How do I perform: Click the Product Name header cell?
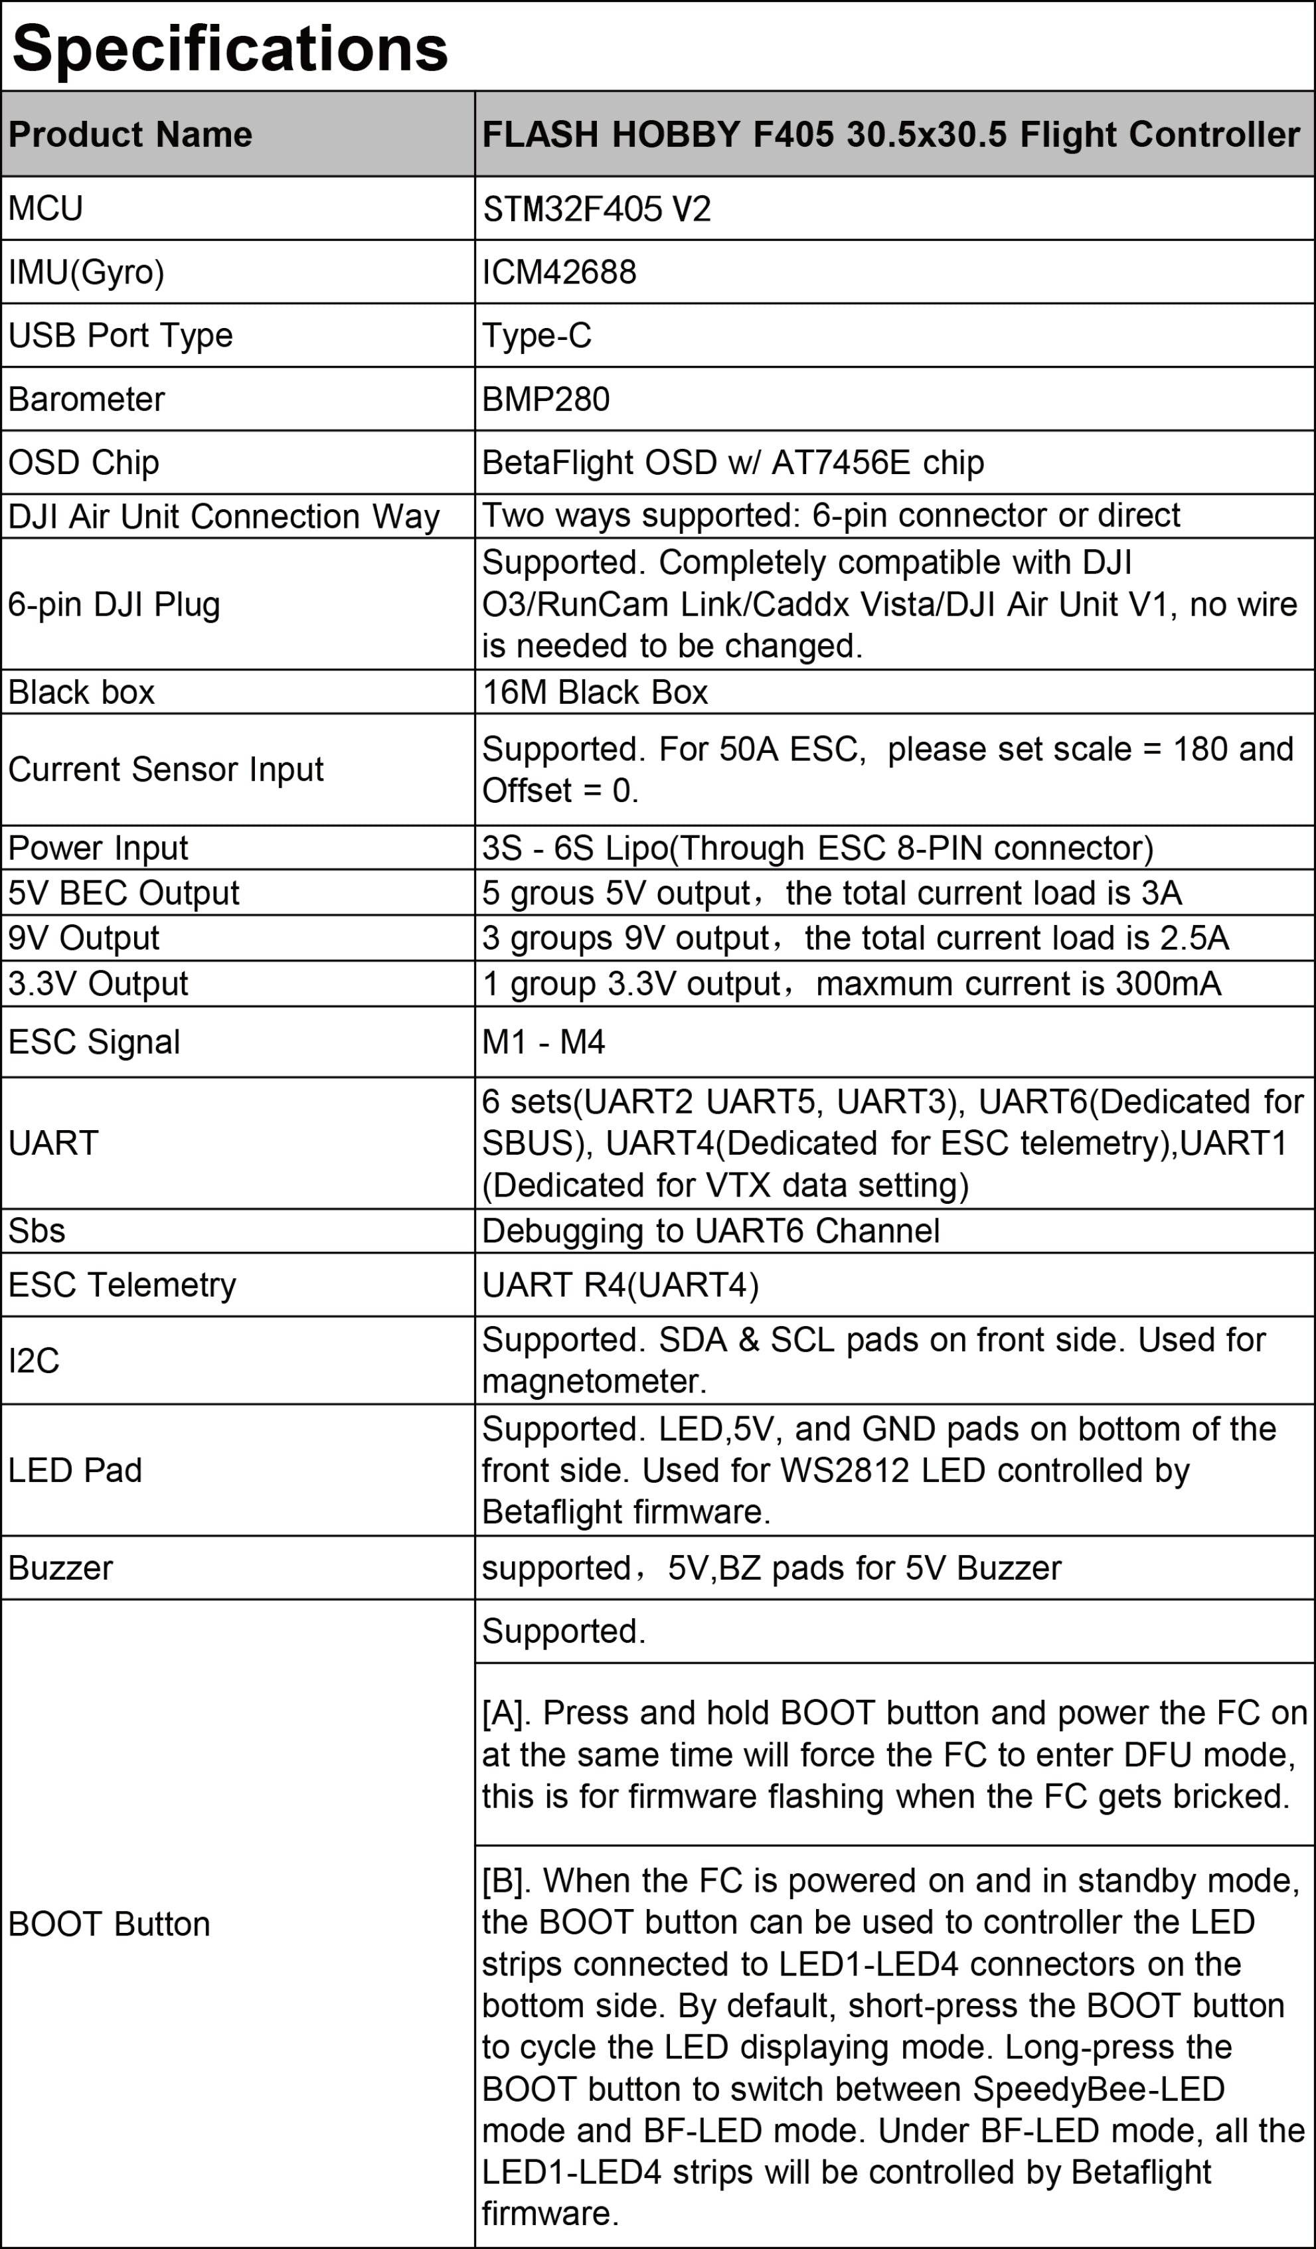130,135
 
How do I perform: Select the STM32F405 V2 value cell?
597,209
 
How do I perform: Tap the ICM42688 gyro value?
560,272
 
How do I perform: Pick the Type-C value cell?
537,335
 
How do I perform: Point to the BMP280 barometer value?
546,399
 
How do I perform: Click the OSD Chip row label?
84,462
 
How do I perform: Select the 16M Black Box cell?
595,692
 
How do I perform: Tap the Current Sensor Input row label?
166,770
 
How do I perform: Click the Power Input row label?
98,848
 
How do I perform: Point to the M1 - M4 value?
543,1042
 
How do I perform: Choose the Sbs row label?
37,1230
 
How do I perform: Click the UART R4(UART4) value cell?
620,1284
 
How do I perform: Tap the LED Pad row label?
75,1470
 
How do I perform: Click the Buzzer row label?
60,1568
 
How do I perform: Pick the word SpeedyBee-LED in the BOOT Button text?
1098,2089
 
